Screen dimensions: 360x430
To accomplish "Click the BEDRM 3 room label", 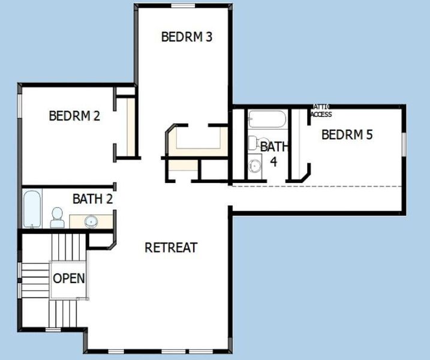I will (x=187, y=37).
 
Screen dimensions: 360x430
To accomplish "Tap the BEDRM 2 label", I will (x=74, y=116).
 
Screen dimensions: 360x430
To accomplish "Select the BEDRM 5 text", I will (x=347, y=134).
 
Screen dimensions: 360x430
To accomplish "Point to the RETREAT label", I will (x=171, y=247).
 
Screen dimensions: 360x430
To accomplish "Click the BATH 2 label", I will (x=92, y=198).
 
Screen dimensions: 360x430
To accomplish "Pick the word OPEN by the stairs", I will (x=69, y=278).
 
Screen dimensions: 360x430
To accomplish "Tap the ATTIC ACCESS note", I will (x=321, y=110).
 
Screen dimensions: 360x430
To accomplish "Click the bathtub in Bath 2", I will (x=32, y=208).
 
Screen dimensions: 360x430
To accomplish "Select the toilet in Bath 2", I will (x=57, y=217).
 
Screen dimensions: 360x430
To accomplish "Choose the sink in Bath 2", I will (x=91, y=221).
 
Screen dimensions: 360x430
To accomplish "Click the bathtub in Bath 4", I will (x=267, y=119).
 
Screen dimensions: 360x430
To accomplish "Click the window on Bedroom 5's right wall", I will (x=404, y=147).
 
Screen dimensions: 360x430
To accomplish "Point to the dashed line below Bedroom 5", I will (x=318, y=187).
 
